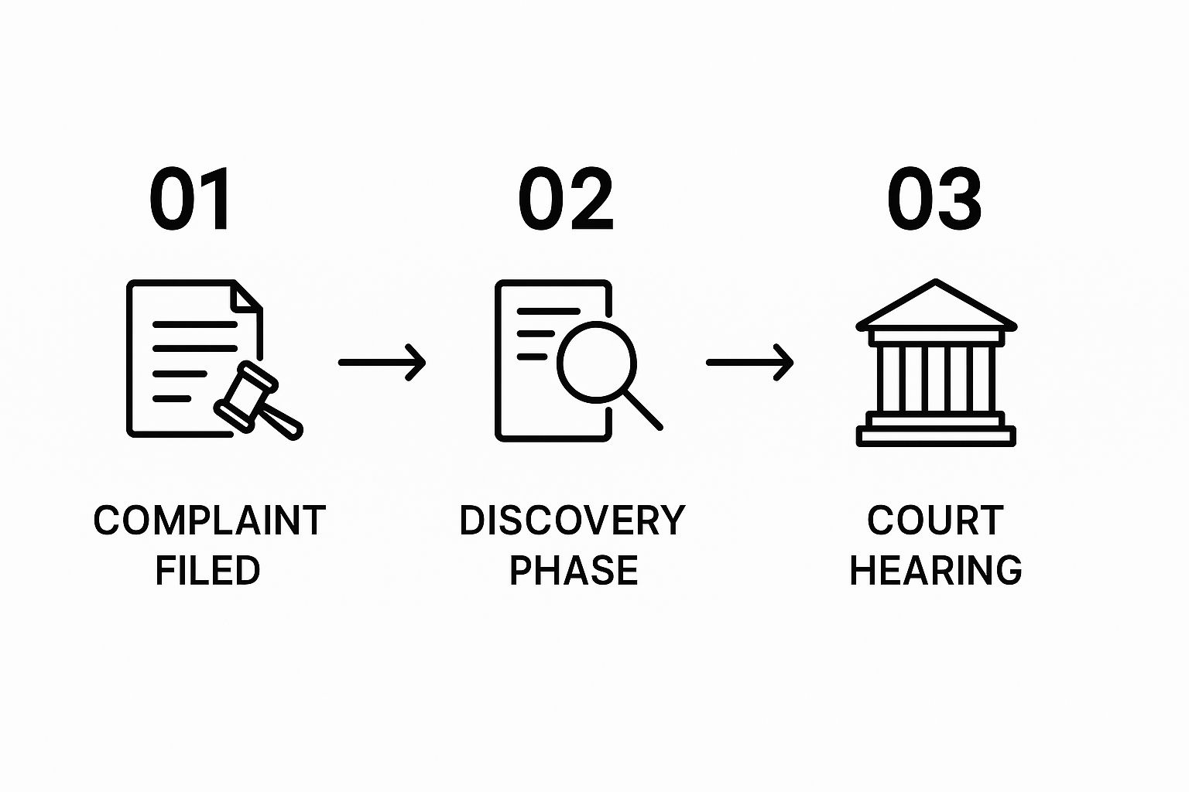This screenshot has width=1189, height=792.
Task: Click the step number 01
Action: coord(190,200)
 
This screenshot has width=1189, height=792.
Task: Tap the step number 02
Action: coord(566,200)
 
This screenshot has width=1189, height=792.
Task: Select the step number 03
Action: coord(934,200)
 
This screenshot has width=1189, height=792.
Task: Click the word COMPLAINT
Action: coord(209,521)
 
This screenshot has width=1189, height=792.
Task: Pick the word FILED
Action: coord(207,571)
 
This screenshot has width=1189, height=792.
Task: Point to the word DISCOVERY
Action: coord(572,521)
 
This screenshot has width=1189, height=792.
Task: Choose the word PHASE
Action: coord(574,571)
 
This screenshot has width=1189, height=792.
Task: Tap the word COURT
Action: coord(935,521)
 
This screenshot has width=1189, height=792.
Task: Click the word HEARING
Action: coord(936,571)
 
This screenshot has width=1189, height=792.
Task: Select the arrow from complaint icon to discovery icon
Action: coord(382,362)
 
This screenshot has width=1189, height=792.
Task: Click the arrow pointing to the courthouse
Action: coord(749,362)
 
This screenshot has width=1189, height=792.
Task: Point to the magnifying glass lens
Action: coord(596,360)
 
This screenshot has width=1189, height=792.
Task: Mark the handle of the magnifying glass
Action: coord(643,410)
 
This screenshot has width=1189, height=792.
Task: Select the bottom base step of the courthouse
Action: coord(936,437)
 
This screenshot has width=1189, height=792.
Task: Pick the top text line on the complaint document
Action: coord(194,325)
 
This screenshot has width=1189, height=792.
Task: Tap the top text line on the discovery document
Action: coord(548,311)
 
